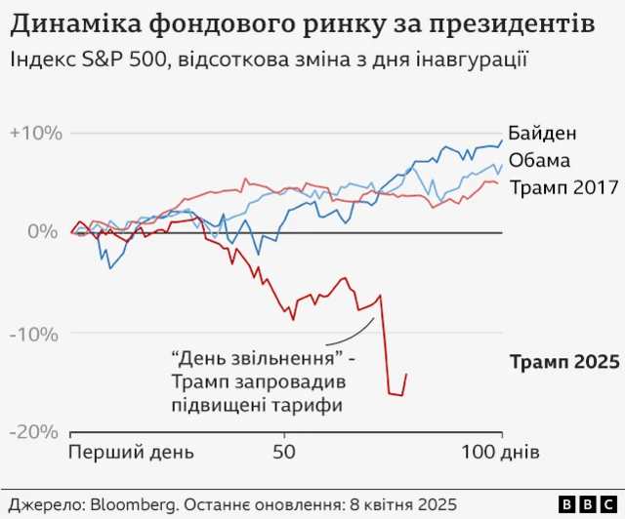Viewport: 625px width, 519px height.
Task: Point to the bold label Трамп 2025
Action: click(564, 362)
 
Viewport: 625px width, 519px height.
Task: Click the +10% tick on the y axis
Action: click(36, 134)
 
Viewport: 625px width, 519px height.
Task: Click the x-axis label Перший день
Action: click(131, 453)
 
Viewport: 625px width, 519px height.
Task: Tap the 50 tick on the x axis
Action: click(284, 453)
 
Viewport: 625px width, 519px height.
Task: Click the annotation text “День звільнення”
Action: click(257, 359)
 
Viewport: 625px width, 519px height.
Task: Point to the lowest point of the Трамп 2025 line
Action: click(400, 395)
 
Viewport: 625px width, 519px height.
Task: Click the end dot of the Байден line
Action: click(502, 140)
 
